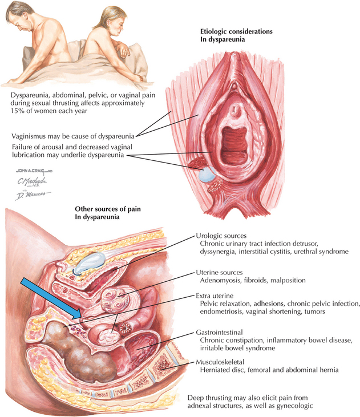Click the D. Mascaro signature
coord(31,196)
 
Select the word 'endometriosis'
coord(227,313)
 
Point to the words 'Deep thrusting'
coord(211,397)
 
